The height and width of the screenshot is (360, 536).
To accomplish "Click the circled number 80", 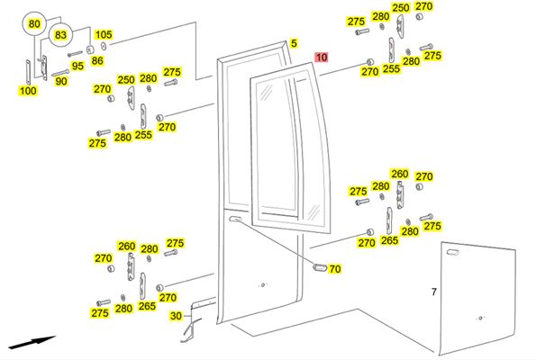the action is pos(34,24).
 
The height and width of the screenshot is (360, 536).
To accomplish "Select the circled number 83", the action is pos(60,35).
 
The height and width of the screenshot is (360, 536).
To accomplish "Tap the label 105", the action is pos(104,34).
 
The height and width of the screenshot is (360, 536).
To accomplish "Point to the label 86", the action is pos(97,61).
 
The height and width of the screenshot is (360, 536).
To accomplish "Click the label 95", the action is pos(77,66).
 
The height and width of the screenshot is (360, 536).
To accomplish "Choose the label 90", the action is pos(61,81).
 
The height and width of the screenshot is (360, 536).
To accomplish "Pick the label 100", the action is pos(28,91).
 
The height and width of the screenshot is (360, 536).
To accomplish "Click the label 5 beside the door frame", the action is pos(294,43).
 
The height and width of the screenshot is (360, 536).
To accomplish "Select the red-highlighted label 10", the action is pos(322,57).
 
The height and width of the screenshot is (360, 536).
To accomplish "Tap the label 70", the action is pos(334,269).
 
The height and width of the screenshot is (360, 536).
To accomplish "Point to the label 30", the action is pos(176,316).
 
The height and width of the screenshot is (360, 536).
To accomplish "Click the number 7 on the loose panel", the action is pos(434,292).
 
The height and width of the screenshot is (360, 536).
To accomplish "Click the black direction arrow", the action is pos(32,342).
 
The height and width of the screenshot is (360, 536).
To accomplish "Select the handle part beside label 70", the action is pos(319,267).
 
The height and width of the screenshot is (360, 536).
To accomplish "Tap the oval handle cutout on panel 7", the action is pos(452,252).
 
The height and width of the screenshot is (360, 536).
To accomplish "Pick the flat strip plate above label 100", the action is pos(28,72).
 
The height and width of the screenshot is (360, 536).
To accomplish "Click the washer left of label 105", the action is pos(104,46).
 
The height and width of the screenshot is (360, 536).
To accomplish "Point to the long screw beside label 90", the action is pos(60,73).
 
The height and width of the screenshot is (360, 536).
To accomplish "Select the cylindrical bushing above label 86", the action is pos(90,49).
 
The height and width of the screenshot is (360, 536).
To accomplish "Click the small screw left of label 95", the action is pos(75,54).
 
